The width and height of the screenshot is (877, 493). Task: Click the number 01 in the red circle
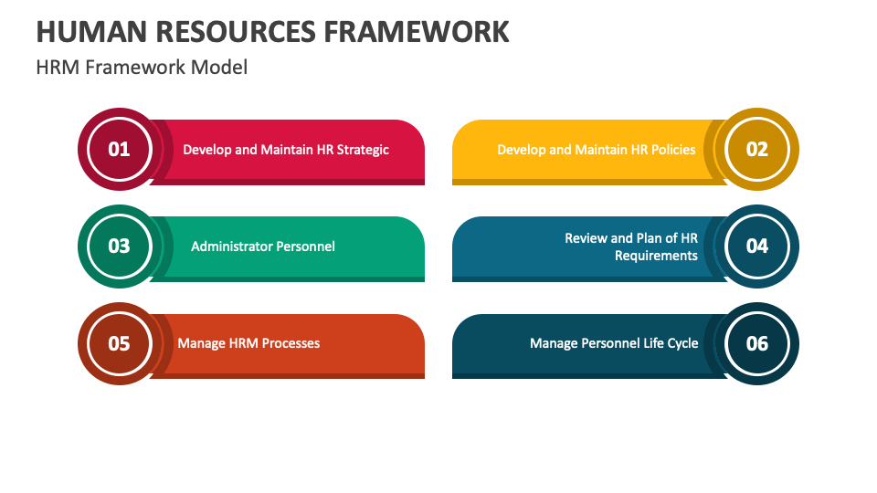[x=120, y=149]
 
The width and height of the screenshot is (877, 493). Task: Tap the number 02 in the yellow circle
[x=757, y=149]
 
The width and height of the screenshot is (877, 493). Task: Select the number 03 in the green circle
[x=120, y=246]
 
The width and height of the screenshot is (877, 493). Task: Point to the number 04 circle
[x=757, y=246]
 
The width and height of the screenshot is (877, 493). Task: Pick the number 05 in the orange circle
[x=120, y=343]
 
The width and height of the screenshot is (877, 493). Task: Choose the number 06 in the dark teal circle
[x=757, y=343]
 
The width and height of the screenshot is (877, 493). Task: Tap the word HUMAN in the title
[x=87, y=31]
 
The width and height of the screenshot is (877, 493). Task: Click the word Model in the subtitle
[x=220, y=68]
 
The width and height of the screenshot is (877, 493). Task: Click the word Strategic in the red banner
[x=363, y=150]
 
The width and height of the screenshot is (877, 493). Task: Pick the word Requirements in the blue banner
[x=656, y=256]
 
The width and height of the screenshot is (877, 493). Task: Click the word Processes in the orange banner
[x=291, y=343]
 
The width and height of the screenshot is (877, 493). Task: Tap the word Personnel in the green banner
[x=301, y=246]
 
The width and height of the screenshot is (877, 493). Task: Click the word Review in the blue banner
[x=586, y=238]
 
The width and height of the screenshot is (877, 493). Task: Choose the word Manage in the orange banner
[x=201, y=343]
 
